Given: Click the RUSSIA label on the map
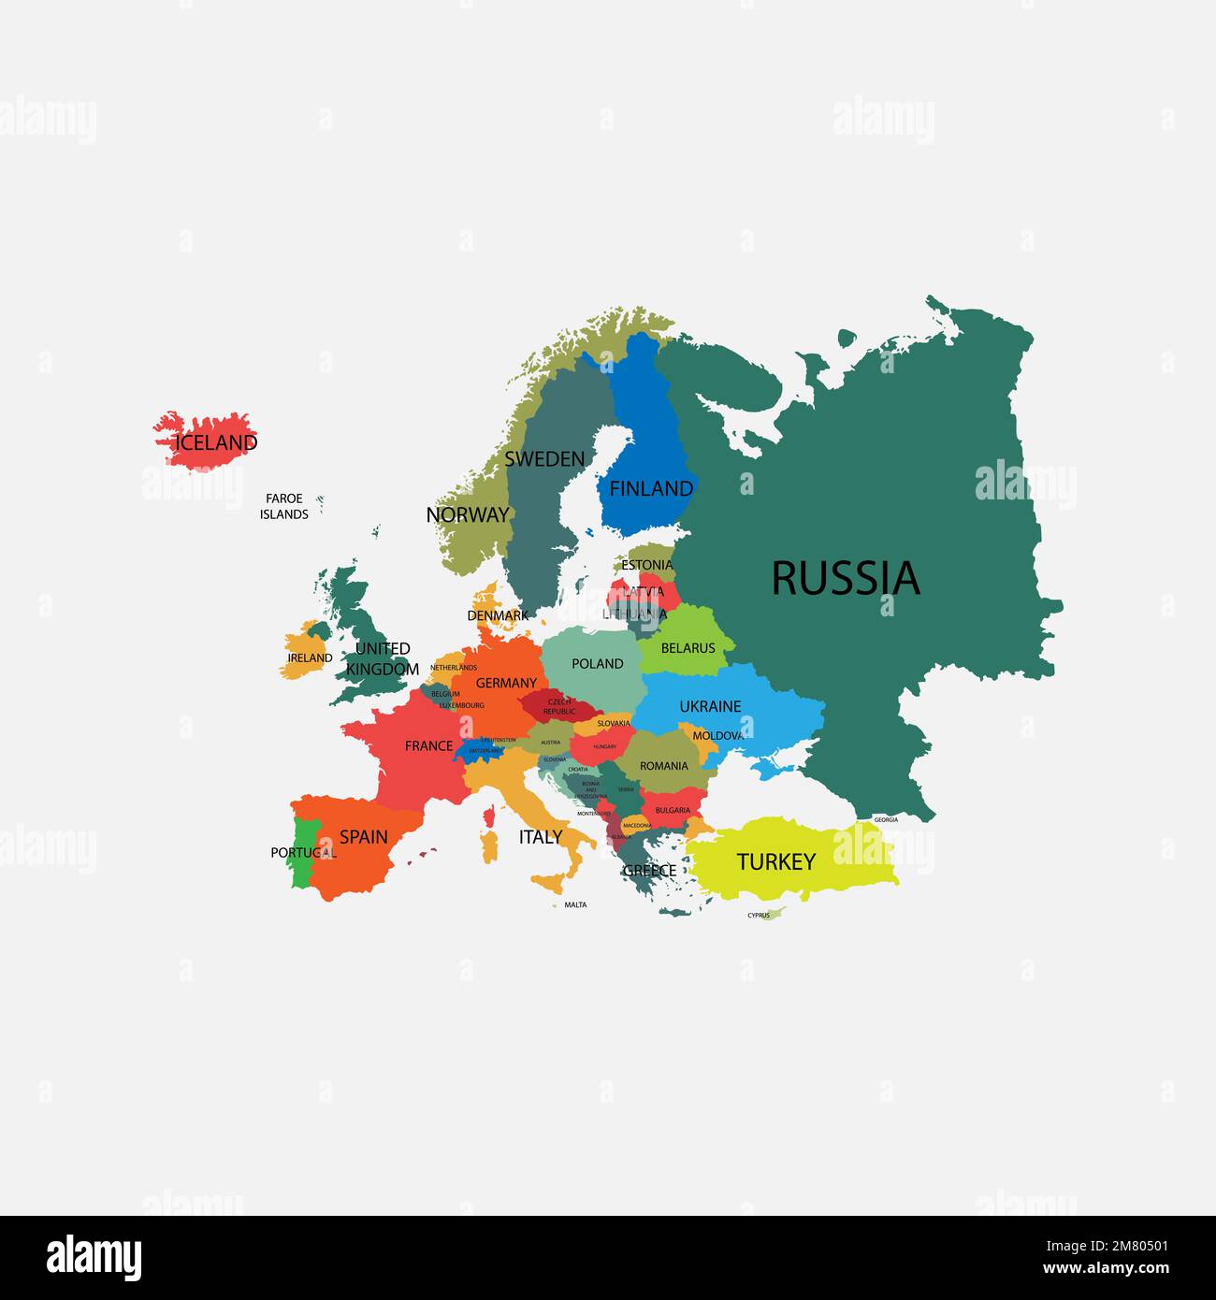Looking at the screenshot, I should click(846, 579).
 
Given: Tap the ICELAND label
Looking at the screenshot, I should click(216, 442).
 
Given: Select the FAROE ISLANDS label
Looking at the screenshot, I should click(284, 506).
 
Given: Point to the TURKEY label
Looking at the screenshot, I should click(775, 861).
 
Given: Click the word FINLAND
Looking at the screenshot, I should click(651, 488).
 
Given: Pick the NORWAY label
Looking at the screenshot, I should click(467, 514).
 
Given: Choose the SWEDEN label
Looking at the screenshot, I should click(544, 459).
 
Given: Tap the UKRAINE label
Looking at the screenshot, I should click(710, 706).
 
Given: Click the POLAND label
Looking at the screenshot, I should click(597, 664).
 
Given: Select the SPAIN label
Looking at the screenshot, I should click(363, 837).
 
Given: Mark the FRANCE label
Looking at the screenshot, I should click(428, 745).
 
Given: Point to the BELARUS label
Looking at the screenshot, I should click(688, 647).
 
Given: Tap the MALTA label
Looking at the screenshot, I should click(575, 904).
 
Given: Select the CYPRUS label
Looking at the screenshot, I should click(759, 916).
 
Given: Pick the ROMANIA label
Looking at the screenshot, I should click(663, 766).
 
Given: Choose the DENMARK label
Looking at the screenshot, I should click(498, 615).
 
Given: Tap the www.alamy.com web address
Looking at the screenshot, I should click(1106, 1269).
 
